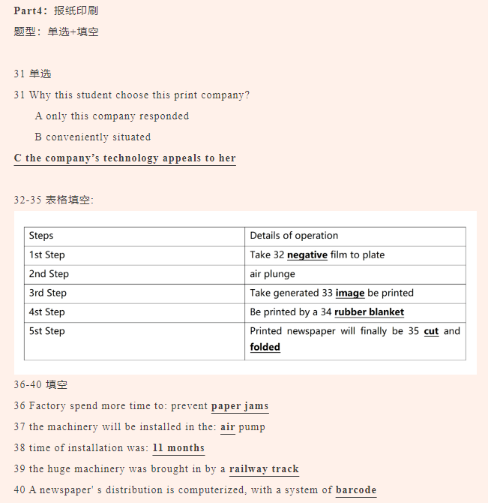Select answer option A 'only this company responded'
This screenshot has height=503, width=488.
[x=112, y=116]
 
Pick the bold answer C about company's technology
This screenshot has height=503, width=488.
[x=124, y=158]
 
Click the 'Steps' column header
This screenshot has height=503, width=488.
[x=41, y=236]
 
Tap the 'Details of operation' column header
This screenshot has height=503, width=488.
[x=294, y=236]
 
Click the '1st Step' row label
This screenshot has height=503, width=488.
[x=47, y=255]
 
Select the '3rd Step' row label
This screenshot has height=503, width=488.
[x=48, y=293]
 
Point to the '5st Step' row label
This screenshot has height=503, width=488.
[x=47, y=331]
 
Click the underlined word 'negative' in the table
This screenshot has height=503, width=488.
[x=307, y=255]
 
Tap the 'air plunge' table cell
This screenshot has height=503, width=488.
[x=273, y=274]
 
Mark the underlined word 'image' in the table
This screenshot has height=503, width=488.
[x=350, y=293]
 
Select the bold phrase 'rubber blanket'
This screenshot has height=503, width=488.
[x=370, y=312]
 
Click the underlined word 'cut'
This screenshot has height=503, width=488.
[x=431, y=331]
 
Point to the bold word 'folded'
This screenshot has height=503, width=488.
[x=265, y=347]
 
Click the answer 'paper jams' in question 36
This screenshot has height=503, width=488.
[x=240, y=406]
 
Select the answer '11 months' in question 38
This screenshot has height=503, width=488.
[x=178, y=448]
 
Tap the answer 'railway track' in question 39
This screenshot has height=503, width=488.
[x=264, y=469]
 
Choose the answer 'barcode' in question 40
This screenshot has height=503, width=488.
[x=356, y=490]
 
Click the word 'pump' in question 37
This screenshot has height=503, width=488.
[x=252, y=427]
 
